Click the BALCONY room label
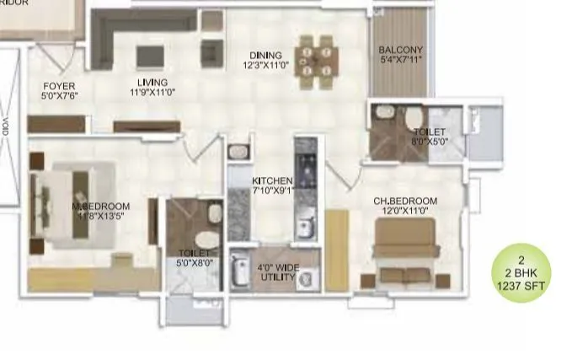400,50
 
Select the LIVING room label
152,83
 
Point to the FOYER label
60,86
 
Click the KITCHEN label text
272,181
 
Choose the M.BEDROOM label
100,207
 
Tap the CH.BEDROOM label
406,201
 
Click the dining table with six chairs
317,62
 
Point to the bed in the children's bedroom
405,250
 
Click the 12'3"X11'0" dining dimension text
266,64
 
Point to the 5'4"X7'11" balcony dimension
400,60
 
